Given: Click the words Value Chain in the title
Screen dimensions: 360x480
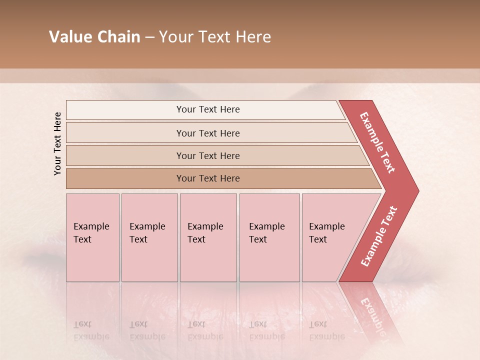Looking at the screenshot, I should click(x=94, y=37).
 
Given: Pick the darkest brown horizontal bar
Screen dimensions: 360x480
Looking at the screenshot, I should click(x=125, y=178).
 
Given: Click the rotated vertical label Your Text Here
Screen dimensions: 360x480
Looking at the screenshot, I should click(x=57, y=143).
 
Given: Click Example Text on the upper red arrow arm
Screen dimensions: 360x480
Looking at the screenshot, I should click(x=377, y=142).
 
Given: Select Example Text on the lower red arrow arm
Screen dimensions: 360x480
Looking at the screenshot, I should click(x=379, y=236).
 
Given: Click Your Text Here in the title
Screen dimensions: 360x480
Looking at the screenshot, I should click(x=215, y=37).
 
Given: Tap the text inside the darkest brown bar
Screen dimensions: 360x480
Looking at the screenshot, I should click(x=208, y=178).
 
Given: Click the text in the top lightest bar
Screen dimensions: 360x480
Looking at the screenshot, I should click(x=208, y=109).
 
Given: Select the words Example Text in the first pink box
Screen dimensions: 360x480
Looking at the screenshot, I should click(x=91, y=233).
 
